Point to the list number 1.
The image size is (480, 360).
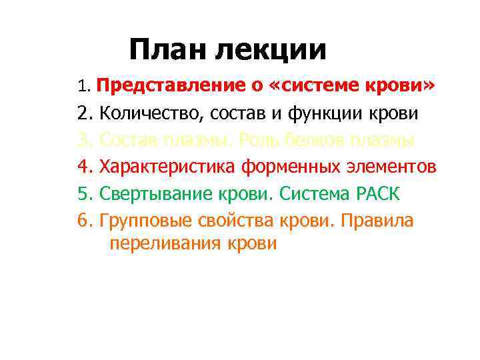click(83, 87)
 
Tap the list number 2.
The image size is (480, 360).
click(84, 114)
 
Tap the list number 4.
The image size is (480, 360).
click(84, 167)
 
